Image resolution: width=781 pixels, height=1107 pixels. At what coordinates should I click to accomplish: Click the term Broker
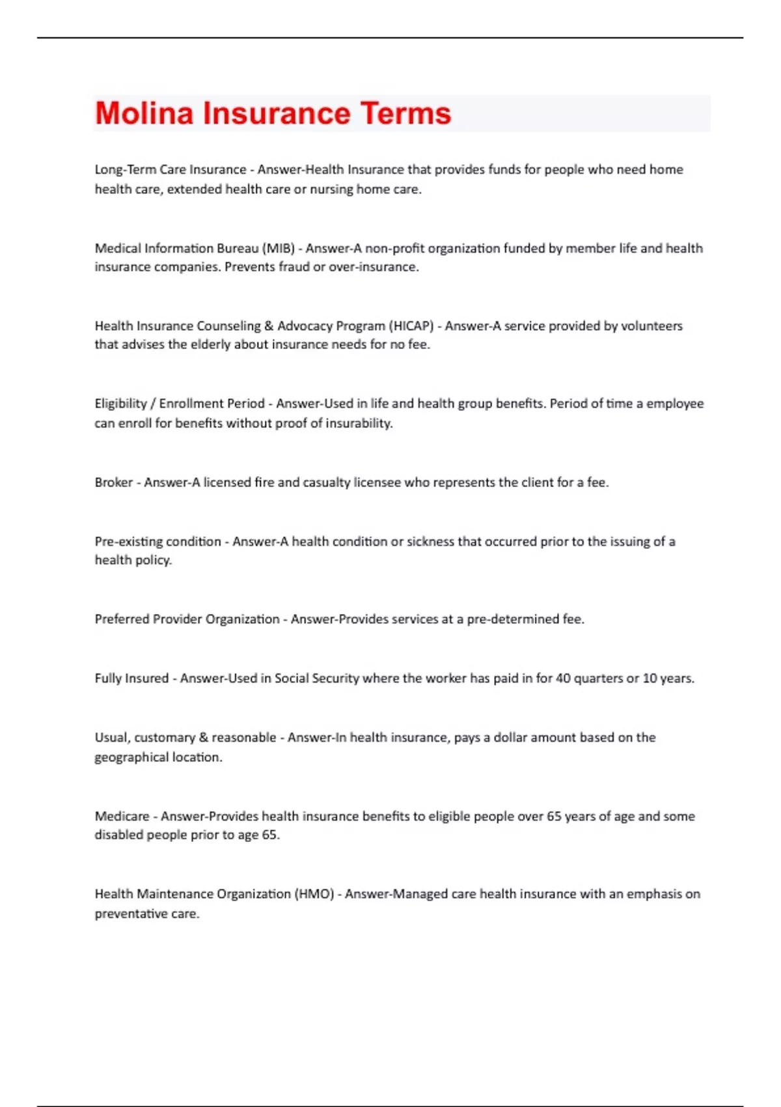[x=114, y=483]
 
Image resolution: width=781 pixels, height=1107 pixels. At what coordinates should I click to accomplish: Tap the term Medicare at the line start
[x=122, y=816]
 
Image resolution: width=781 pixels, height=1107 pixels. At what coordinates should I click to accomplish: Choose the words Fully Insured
[x=131, y=678]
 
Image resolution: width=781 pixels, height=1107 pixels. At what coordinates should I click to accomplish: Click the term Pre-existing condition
[x=158, y=541]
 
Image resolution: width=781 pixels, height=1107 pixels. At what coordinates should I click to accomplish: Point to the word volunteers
[x=651, y=326]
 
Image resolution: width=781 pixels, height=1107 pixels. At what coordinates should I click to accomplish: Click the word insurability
[x=359, y=423]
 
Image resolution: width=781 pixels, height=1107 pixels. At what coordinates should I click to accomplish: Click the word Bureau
[x=238, y=248]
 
